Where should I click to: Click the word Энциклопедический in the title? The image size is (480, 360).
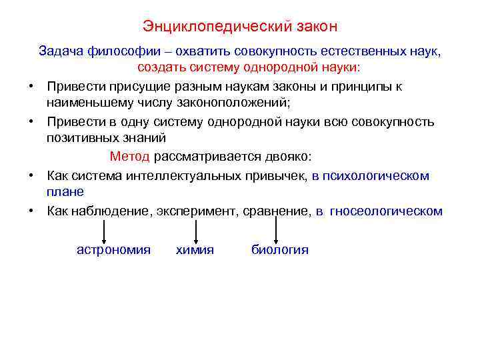[x=210, y=27]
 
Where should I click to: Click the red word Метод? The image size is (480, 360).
[x=130, y=157]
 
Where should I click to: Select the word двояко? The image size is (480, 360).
[x=286, y=157]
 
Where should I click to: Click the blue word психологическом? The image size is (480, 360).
[x=379, y=175]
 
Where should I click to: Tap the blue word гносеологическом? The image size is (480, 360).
[x=387, y=211]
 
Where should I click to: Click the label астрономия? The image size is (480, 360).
[x=113, y=250]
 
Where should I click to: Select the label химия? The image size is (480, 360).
[x=195, y=250]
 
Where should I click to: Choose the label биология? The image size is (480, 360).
[x=279, y=250]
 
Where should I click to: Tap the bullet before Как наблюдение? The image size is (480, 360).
[x=32, y=211]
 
